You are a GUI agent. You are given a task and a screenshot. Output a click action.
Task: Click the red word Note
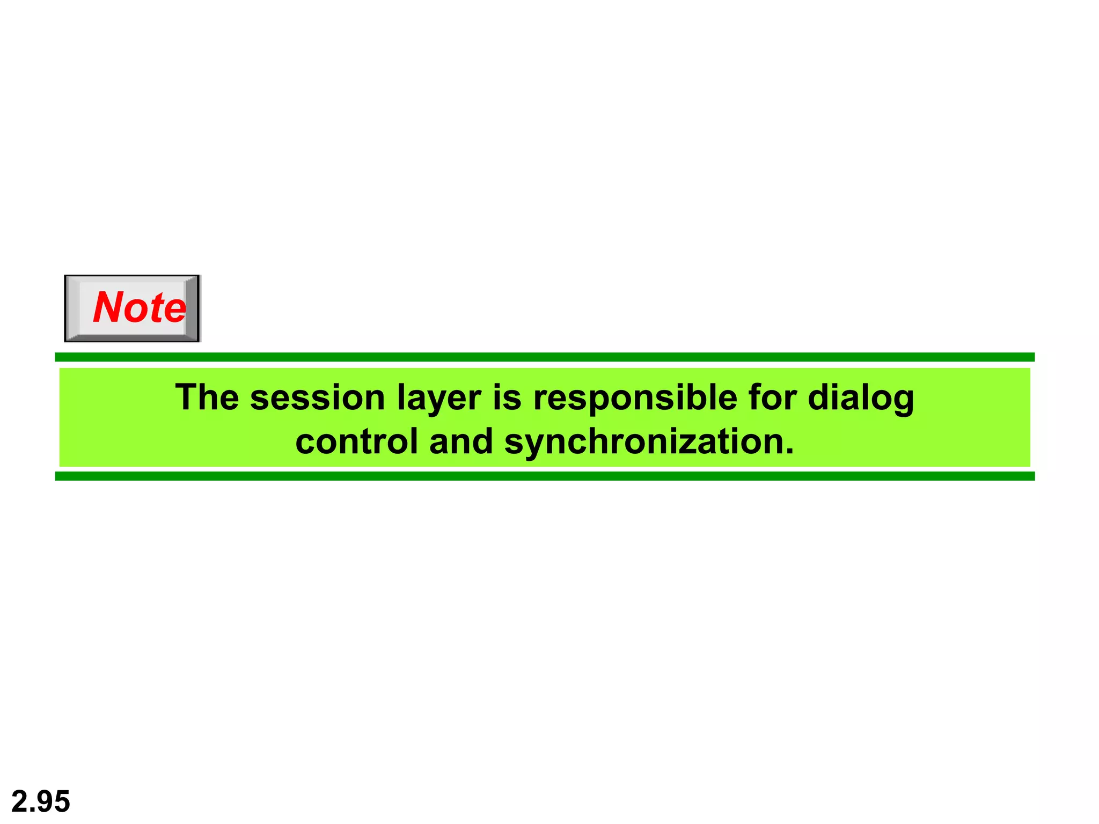[140, 307]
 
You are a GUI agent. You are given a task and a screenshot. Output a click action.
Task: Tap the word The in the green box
[207, 398]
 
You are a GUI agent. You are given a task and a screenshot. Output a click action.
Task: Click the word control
[356, 442]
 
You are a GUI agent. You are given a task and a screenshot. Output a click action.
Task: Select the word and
[461, 442]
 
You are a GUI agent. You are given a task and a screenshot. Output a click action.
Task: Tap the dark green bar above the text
[544, 357]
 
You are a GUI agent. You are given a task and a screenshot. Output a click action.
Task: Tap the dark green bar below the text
[544, 476]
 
